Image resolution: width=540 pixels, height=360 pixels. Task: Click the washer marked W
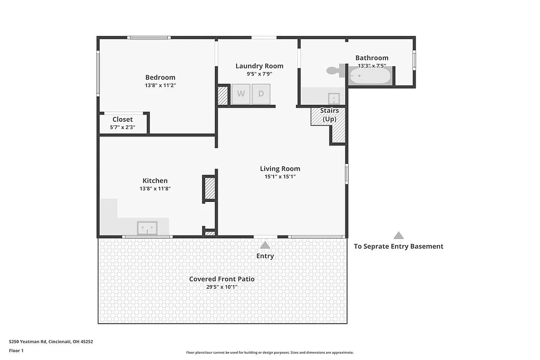click(241, 94)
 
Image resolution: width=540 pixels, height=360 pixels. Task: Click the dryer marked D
click(261, 94)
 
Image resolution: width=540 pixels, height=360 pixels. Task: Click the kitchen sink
click(147, 228)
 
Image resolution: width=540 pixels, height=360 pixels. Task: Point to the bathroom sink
click(334, 99)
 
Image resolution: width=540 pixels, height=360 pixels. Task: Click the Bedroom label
click(160, 77)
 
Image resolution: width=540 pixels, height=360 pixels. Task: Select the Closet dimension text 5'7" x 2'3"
click(122, 127)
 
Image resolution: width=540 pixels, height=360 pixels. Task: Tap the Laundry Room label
click(259, 66)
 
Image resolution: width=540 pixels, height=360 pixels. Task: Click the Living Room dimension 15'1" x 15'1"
click(280, 177)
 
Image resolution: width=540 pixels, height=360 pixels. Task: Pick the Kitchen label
click(155, 181)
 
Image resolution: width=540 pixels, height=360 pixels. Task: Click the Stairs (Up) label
click(329, 115)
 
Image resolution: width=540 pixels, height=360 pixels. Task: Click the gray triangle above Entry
click(265, 245)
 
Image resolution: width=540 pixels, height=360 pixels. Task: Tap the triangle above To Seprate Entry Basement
click(399, 236)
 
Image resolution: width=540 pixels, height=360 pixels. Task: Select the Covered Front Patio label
click(221, 279)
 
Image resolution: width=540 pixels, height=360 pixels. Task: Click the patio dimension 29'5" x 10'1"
click(221, 287)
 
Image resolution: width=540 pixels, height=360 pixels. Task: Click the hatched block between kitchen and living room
click(210, 189)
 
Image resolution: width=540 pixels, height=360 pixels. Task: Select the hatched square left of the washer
click(222, 95)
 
